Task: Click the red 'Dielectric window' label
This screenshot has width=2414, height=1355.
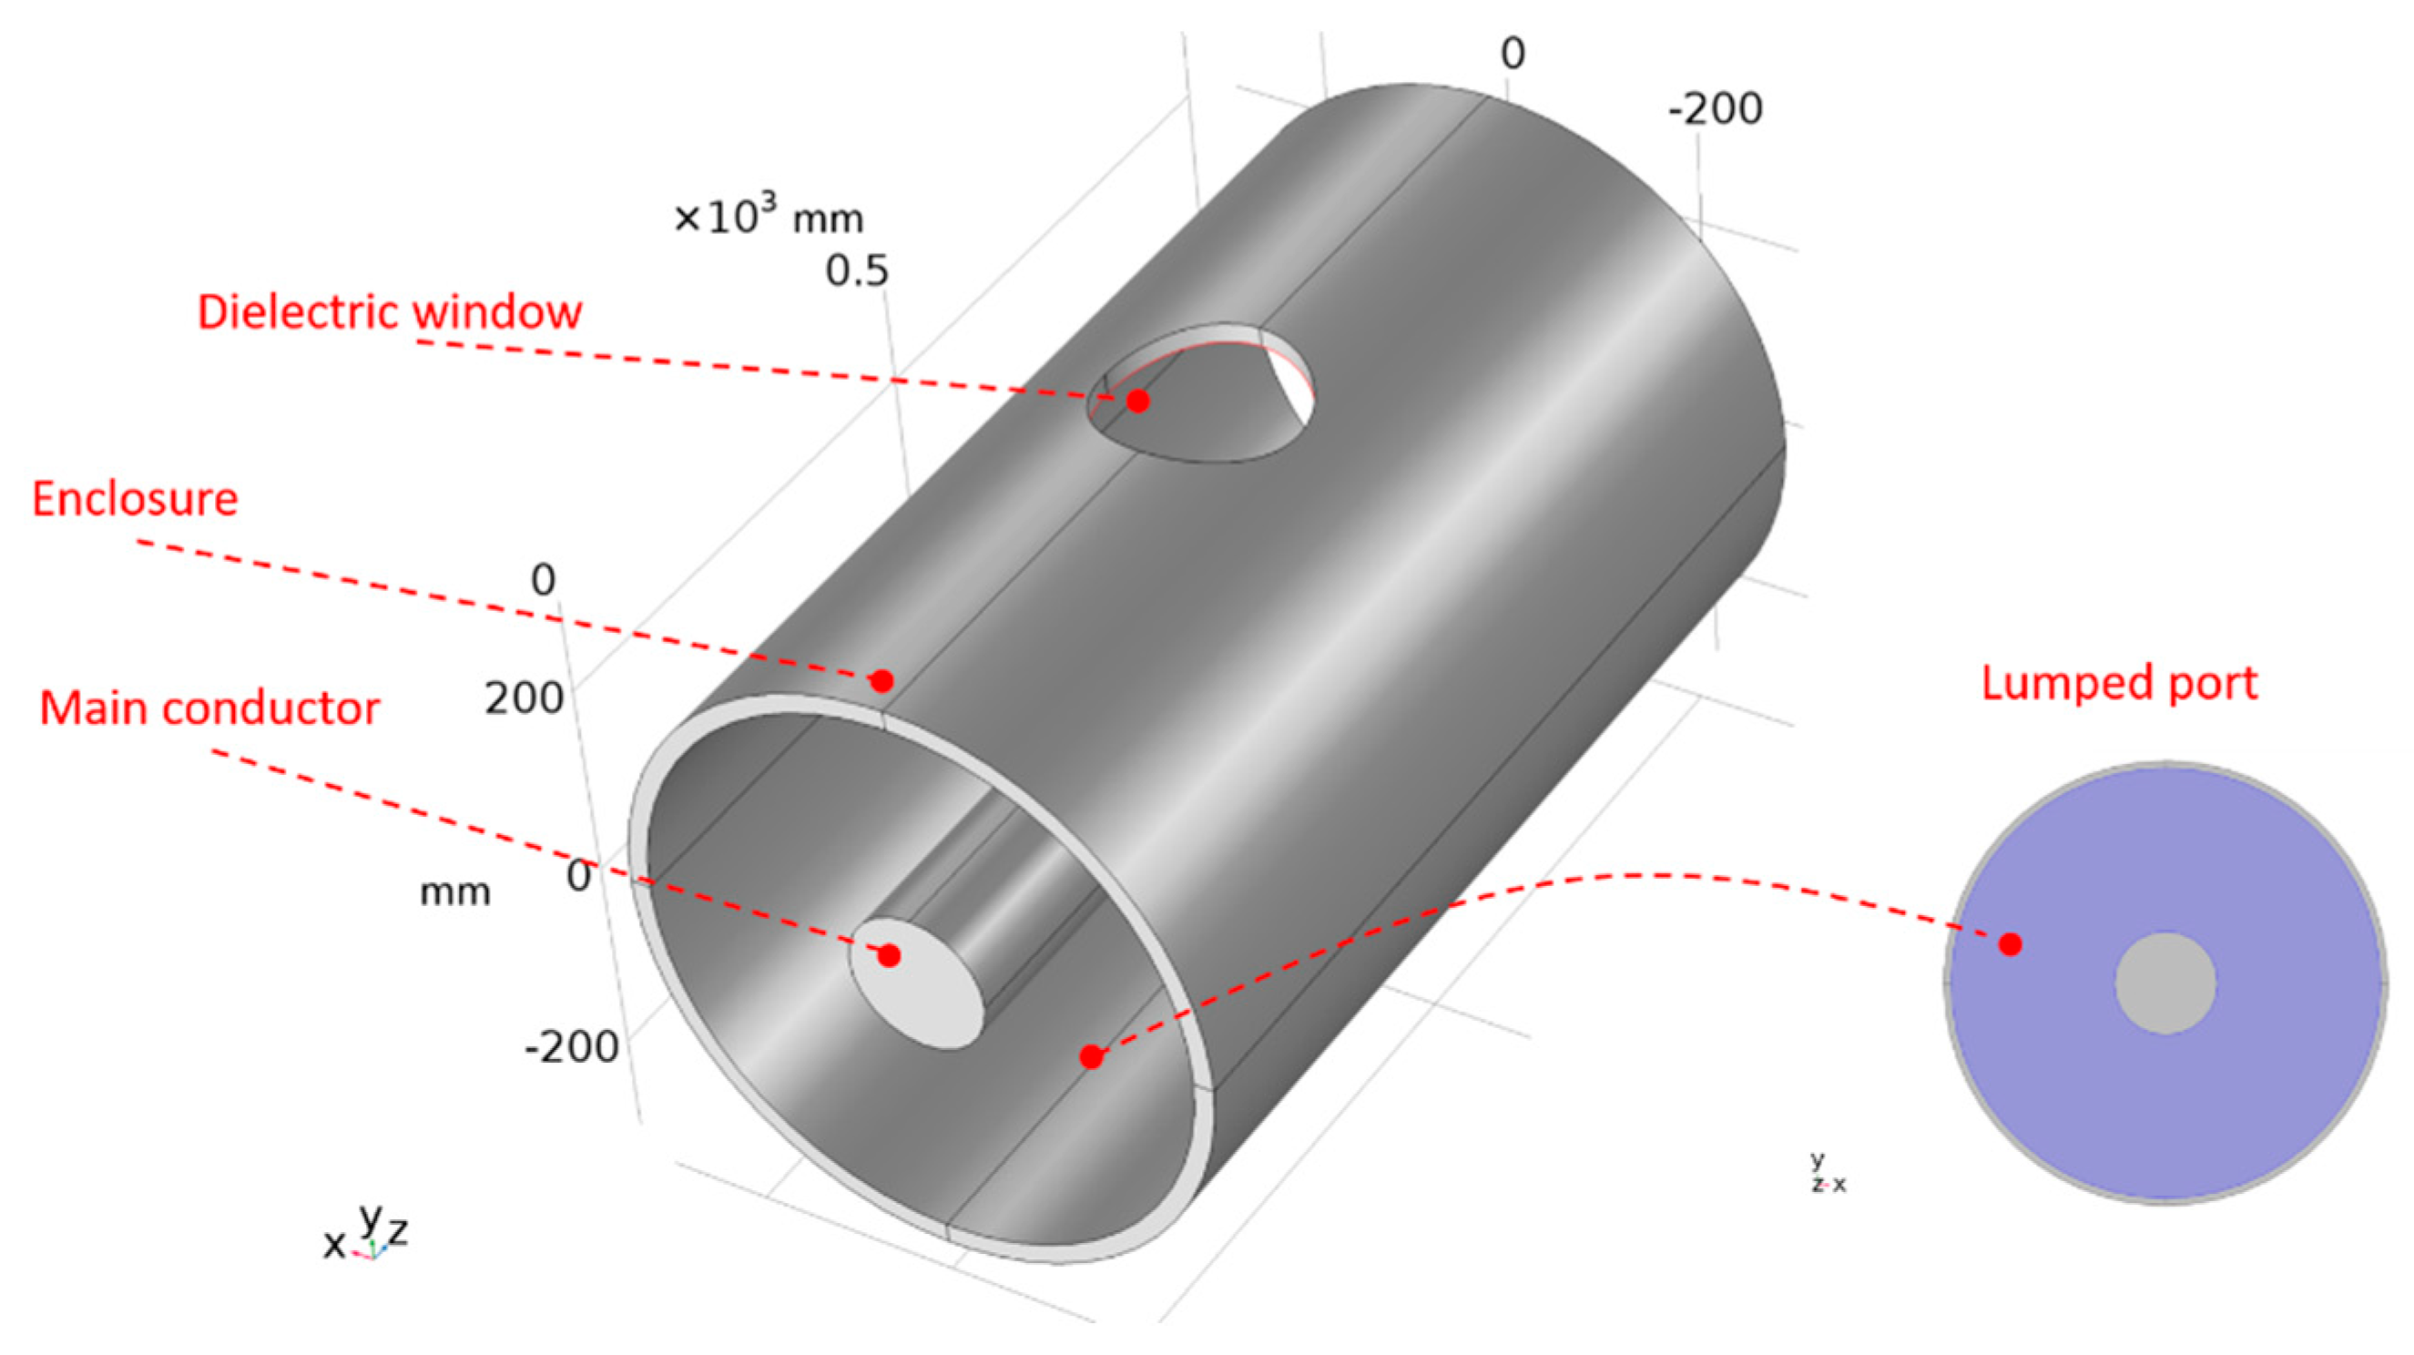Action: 389,312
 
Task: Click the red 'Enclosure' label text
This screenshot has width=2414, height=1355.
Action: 135,498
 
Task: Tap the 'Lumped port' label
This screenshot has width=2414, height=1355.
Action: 2119,683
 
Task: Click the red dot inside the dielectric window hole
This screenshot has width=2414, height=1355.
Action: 1137,401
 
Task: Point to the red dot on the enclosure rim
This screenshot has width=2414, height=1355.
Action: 881,680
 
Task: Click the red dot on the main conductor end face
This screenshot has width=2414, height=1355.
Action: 890,956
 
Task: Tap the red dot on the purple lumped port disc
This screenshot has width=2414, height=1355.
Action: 2009,944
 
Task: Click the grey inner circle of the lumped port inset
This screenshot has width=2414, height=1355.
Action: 2165,983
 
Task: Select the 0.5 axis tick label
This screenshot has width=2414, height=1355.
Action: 857,271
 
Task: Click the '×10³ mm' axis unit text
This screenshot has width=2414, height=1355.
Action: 769,218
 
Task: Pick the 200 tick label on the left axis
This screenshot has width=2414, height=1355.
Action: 524,698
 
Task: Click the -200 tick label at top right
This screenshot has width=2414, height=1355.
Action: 1715,109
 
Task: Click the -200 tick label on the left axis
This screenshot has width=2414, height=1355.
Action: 572,1046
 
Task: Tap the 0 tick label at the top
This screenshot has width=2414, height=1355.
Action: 1513,54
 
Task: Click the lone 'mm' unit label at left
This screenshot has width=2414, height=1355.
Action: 454,892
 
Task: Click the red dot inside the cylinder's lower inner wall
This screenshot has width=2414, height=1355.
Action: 1091,1057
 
